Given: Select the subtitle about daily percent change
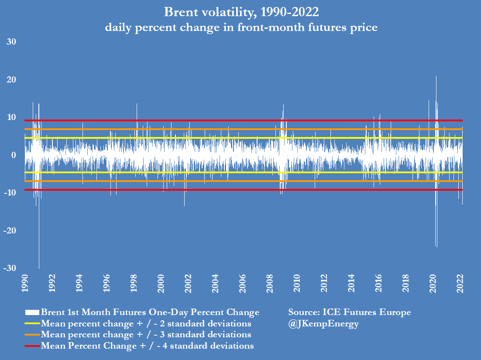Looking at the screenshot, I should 240,27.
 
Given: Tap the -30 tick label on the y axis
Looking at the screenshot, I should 10,268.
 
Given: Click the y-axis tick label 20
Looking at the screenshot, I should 11,79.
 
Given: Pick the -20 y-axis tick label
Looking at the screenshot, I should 10,230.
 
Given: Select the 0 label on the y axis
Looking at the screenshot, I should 14,155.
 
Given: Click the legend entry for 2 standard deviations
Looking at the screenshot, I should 146,324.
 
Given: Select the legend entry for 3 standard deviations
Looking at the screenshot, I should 146,335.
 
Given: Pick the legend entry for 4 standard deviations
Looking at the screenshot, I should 147,346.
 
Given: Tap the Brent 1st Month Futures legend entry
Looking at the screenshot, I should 150,312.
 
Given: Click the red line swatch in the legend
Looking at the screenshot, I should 32,346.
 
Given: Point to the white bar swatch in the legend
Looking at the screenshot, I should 32,312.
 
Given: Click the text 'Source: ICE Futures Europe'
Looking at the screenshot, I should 349,312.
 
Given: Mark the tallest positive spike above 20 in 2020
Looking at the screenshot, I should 436,77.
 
